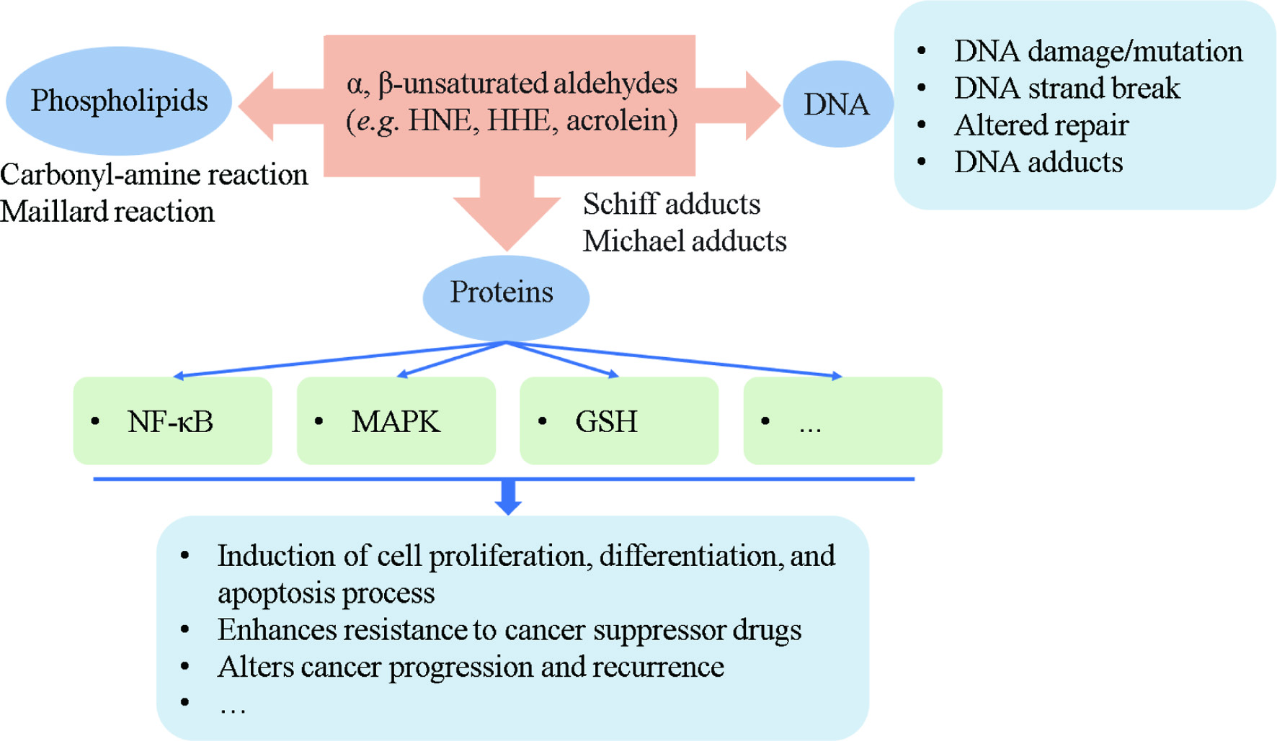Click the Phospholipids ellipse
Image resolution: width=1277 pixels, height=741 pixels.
tap(119, 101)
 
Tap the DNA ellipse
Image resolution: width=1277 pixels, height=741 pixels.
tap(837, 104)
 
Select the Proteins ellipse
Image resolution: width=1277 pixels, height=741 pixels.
tap(506, 298)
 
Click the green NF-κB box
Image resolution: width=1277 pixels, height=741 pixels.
tap(173, 421)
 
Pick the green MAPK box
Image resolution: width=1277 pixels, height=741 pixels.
tap(396, 421)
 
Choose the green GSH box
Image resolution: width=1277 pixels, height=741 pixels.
tap(619, 421)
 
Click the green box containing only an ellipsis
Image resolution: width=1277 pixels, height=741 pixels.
tap(842, 421)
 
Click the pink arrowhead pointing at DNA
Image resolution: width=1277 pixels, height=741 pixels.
tap(763, 106)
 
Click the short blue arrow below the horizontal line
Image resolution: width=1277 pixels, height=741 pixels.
tap(509, 498)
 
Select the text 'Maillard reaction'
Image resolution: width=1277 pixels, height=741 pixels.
tap(107, 212)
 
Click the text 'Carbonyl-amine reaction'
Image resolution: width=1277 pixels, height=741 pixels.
tap(154, 175)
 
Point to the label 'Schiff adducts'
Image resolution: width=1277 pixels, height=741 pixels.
tap(672, 205)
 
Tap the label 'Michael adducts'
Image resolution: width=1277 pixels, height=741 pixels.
tap(685, 241)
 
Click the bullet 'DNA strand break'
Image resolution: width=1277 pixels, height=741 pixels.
tap(1067, 89)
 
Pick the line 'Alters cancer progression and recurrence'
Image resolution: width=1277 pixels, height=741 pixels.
tap(471, 668)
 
